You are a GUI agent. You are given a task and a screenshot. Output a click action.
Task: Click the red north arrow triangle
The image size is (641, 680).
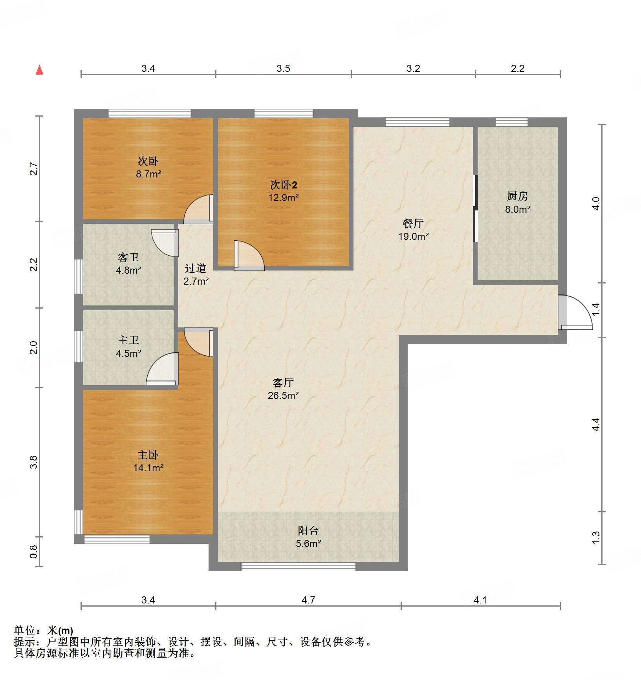[x=39, y=70]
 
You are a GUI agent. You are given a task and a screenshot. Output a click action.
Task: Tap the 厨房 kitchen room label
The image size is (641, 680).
[x=517, y=196]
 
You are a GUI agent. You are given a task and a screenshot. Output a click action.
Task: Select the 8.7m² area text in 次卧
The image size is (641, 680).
[x=148, y=174]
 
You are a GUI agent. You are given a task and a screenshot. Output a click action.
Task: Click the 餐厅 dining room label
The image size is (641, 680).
[x=413, y=223]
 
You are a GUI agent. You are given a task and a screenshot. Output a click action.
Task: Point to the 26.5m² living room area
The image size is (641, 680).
[x=283, y=395]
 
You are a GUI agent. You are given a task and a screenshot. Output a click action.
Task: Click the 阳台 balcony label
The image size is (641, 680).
[x=308, y=531]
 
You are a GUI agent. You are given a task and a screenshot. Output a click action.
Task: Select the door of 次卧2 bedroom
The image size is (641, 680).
[x=249, y=256]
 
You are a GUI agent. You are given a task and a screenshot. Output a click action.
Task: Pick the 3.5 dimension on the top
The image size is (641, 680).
[x=283, y=69]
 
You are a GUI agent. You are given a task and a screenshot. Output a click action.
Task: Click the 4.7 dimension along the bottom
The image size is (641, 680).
[x=308, y=600]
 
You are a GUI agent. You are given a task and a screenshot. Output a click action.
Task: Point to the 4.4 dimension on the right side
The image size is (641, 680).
[x=596, y=424]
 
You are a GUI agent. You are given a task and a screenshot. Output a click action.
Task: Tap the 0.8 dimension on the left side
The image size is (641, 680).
[x=34, y=552]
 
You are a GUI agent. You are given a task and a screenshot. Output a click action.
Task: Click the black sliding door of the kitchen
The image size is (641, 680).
[x=475, y=208]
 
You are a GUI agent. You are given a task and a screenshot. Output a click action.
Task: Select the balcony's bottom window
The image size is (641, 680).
[x=298, y=567]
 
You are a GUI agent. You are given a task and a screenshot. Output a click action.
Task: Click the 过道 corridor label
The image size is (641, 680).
[x=195, y=269]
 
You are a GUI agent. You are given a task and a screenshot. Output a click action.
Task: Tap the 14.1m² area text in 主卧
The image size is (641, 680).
[x=148, y=468]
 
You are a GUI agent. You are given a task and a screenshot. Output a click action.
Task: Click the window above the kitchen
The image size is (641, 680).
[x=511, y=122]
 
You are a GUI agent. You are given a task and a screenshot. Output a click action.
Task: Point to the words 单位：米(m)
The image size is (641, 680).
[x=43, y=631]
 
